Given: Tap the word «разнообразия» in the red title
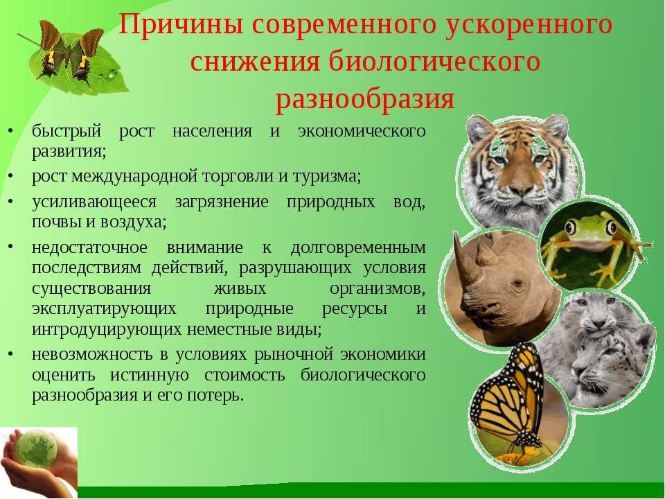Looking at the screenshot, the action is click(365, 99).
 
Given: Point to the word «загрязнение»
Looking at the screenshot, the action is click(222, 202).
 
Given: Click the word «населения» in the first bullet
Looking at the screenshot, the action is click(212, 131).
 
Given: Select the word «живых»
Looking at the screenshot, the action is click(240, 288).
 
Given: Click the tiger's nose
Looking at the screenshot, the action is click(520, 189).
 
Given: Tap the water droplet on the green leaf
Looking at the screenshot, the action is click(112, 74).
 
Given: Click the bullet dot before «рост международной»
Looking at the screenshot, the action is click(10, 176).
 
